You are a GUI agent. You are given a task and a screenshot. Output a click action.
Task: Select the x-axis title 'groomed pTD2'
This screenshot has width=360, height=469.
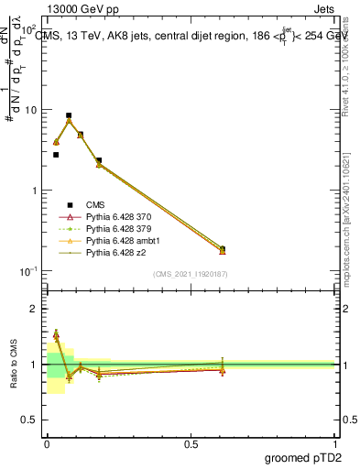click(304, 458)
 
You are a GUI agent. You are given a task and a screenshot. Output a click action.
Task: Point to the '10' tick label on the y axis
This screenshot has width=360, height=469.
click(32, 110)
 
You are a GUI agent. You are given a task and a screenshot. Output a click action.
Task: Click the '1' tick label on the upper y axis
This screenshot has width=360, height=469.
click(35, 191)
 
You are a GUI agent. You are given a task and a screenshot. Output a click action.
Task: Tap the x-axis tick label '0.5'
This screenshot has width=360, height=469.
click(191, 443)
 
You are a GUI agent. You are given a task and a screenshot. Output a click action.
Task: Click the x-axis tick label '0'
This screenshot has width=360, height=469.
click(47, 443)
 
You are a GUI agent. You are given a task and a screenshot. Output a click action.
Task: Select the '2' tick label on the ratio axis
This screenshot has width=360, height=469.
click(35, 310)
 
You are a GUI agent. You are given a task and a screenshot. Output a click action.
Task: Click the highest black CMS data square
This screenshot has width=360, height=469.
click(69, 115)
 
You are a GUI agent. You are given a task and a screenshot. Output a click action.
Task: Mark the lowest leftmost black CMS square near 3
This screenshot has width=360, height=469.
click(56, 155)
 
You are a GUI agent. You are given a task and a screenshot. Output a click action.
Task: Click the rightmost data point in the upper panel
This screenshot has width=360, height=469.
click(223, 249)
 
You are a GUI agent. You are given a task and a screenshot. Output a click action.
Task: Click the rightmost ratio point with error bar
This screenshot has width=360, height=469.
click(223, 369)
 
